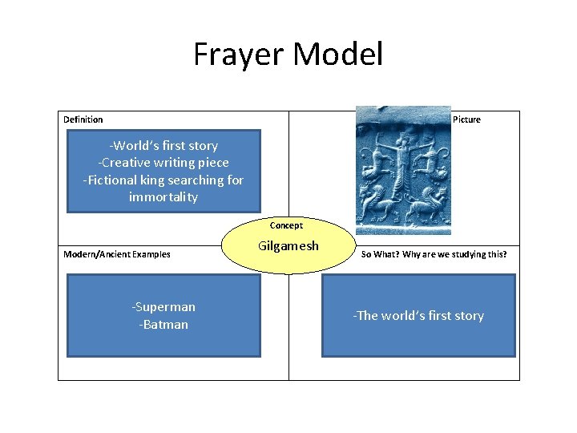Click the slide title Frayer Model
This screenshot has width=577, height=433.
(x=288, y=55)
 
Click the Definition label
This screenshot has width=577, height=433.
(x=83, y=119)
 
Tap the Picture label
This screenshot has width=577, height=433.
(x=466, y=119)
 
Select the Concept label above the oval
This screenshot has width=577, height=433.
(x=286, y=225)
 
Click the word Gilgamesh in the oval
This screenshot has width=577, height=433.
(x=288, y=245)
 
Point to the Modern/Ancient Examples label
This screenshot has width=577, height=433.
(x=117, y=254)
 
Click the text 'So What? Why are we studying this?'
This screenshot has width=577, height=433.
(x=434, y=254)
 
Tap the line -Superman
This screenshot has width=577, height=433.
(x=163, y=306)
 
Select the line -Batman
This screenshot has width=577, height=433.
(x=163, y=324)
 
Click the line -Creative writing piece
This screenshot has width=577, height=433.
(x=163, y=162)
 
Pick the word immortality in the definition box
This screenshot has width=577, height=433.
(x=163, y=197)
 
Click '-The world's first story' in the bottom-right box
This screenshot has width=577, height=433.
(x=418, y=315)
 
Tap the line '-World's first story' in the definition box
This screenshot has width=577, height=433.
(x=163, y=145)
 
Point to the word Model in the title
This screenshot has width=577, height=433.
(x=337, y=55)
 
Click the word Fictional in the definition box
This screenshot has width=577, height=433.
(x=113, y=180)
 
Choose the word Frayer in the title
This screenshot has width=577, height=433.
(x=239, y=55)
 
